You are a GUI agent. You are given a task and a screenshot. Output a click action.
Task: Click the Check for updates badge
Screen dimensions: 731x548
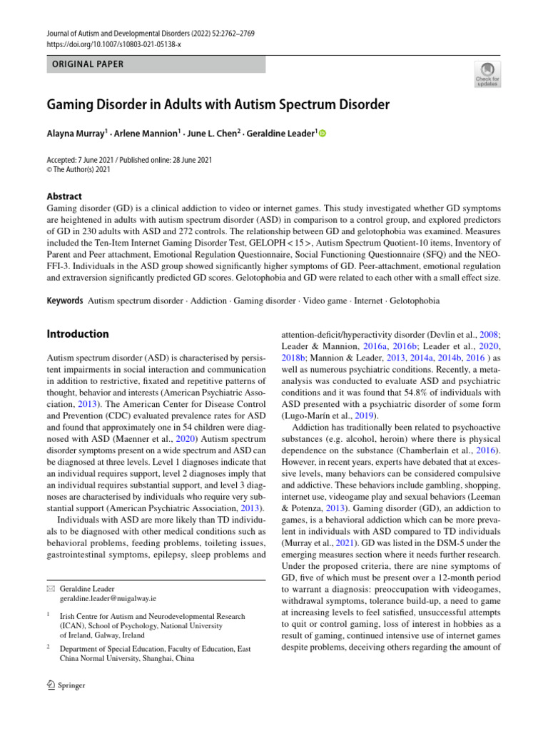(x=487, y=73)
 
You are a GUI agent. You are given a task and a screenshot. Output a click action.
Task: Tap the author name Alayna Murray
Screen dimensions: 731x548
(x=77, y=133)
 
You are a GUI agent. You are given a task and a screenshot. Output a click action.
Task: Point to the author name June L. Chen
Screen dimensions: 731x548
(x=213, y=133)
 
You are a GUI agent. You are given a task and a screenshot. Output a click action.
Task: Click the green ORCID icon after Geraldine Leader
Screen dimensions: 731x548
(x=322, y=133)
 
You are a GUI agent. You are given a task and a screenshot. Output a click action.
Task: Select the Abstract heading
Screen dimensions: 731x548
(x=64, y=196)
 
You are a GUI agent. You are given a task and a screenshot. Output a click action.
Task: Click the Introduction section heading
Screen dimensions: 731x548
(x=78, y=334)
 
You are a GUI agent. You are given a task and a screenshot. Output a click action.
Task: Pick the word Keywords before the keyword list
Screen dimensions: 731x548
(x=64, y=301)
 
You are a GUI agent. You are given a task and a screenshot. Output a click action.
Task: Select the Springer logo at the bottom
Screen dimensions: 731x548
(x=64, y=685)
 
